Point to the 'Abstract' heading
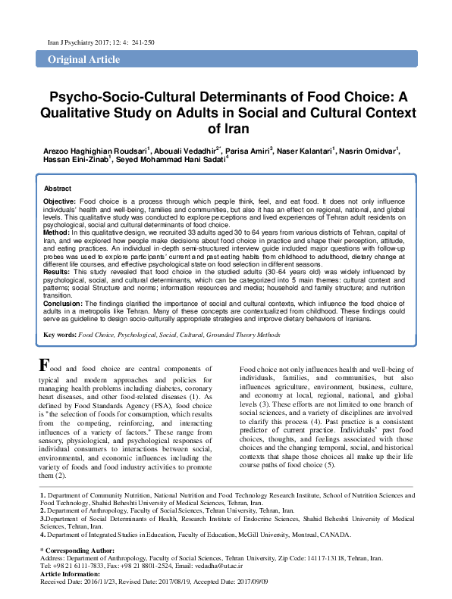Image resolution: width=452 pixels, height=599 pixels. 58,188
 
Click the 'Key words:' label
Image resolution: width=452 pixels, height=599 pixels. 59,334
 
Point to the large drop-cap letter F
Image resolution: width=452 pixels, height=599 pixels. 45,364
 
